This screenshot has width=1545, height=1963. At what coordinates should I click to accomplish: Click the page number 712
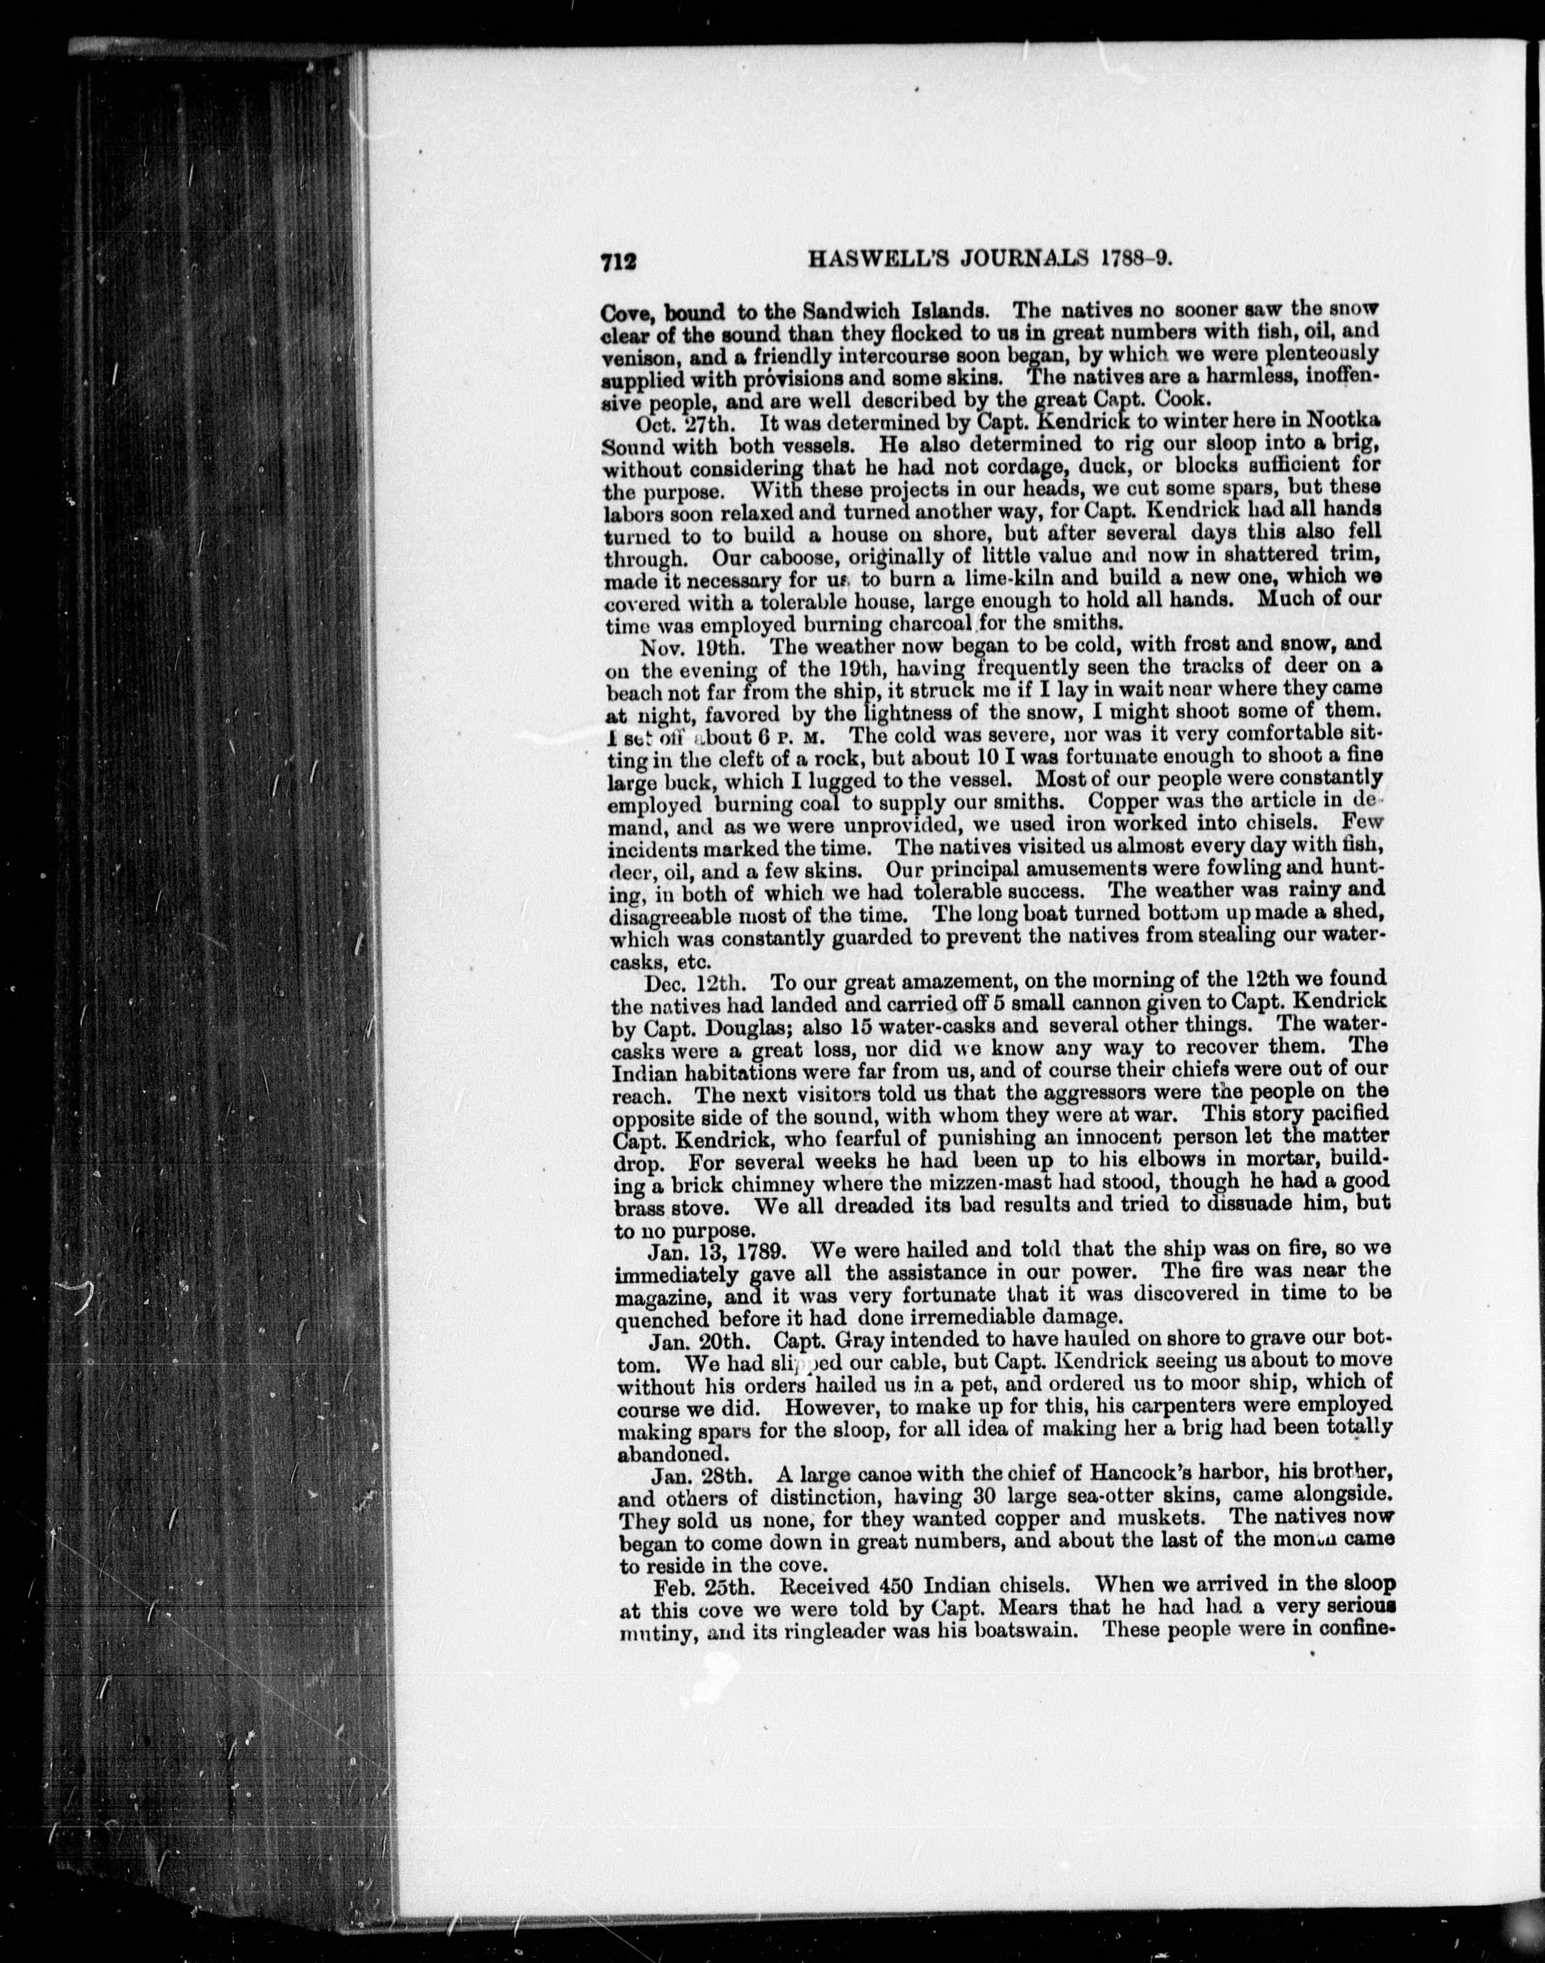[x=618, y=261]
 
